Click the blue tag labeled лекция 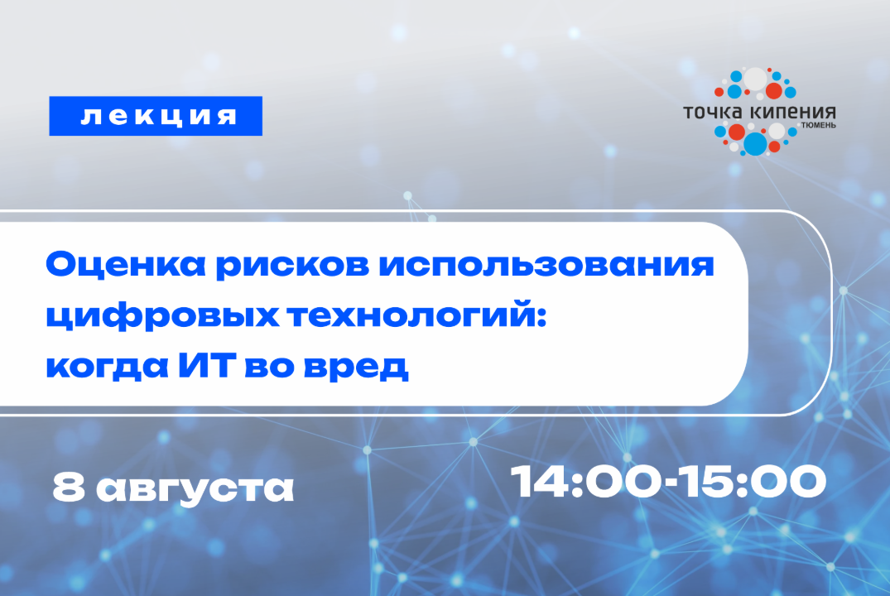156,116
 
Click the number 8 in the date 66,488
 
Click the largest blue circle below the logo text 755,144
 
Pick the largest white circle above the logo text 755,79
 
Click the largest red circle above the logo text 774,90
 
